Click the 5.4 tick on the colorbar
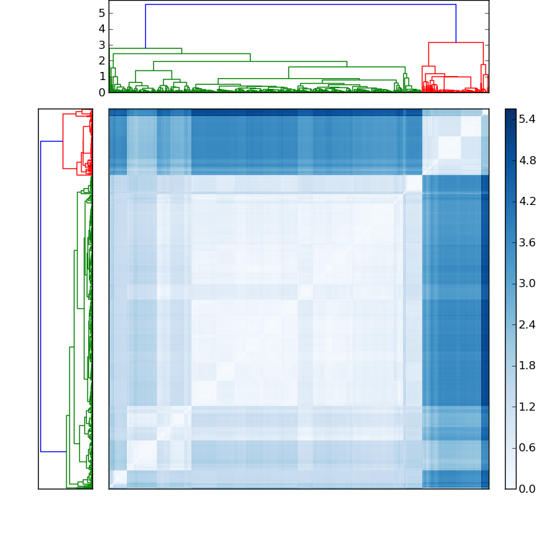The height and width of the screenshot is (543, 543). click(x=527, y=119)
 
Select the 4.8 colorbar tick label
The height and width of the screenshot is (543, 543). click(x=527, y=160)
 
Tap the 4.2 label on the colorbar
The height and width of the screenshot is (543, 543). click(x=527, y=201)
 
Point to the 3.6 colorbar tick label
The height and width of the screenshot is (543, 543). click(x=527, y=242)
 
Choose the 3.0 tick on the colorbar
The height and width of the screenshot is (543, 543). click(x=527, y=283)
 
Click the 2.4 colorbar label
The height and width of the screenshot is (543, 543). click(x=527, y=324)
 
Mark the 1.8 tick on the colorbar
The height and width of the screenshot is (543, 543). click(x=527, y=365)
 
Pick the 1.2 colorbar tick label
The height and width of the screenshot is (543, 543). click(x=527, y=407)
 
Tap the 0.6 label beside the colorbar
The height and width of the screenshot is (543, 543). click(x=527, y=447)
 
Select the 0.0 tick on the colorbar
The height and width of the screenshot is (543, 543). click(x=527, y=489)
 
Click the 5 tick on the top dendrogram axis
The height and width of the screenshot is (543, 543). click(x=101, y=13)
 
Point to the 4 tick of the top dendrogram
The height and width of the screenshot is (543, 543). click(x=101, y=29)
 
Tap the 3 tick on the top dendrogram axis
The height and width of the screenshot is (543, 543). click(x=101, y=45)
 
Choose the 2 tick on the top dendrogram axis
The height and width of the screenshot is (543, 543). click(x=101, y=60)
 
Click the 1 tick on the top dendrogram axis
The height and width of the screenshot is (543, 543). click(x=101, y=76)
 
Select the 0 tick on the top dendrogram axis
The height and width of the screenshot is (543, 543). click(x=101, y=92)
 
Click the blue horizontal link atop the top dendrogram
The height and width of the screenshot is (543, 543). click(x=300, y=5)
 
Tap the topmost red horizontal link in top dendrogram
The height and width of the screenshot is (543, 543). click(x=455, y=43)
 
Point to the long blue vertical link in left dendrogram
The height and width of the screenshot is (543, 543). click(x=41, y=296)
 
